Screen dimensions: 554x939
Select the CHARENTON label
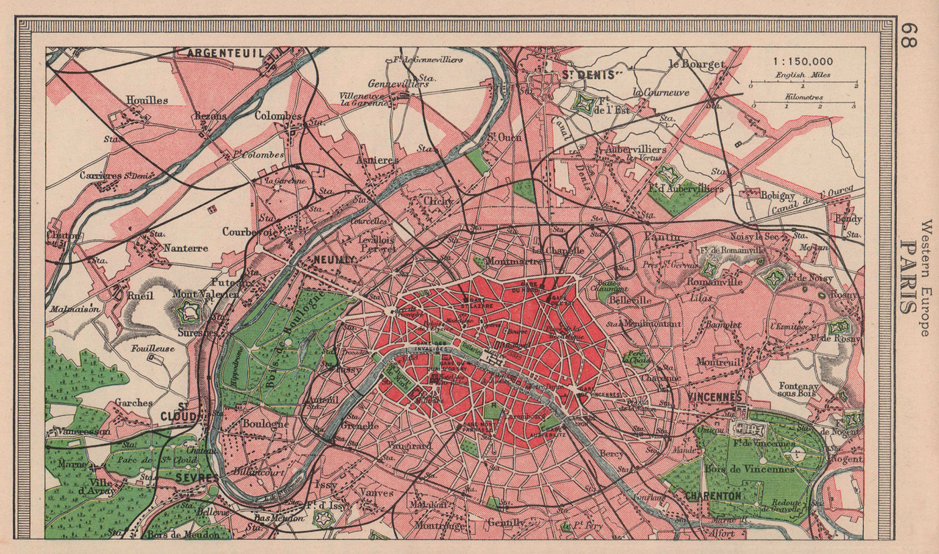point(713,495)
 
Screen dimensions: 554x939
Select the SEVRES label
point(195,477)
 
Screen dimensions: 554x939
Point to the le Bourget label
point(698,65)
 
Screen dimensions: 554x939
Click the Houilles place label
point(146,100)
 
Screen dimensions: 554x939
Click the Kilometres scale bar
point(803,105)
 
